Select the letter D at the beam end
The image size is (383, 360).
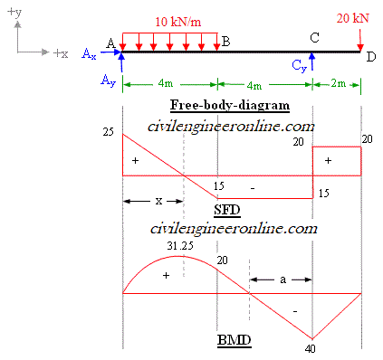tap(369, 57)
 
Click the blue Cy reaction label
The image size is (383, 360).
tap(300, 66)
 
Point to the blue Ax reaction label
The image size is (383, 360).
tap(89, 55)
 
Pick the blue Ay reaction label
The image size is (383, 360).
tap(107, 81)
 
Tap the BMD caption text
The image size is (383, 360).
tap(234, 341)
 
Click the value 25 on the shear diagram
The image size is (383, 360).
tap(108, 133)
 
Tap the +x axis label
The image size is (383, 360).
tap(61, 54)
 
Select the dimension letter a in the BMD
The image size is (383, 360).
tap(282, 280)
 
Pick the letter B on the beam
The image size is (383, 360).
tap(225, 42)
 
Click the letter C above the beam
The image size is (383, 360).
tap(314, 37)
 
